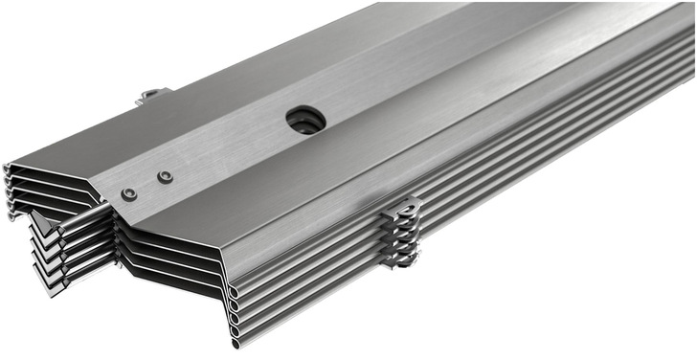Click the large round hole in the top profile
[x=305, y=121]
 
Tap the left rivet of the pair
[x=129, y=194]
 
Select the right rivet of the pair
[x=166, y=177]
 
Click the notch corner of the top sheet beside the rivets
[x=101, y=201]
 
